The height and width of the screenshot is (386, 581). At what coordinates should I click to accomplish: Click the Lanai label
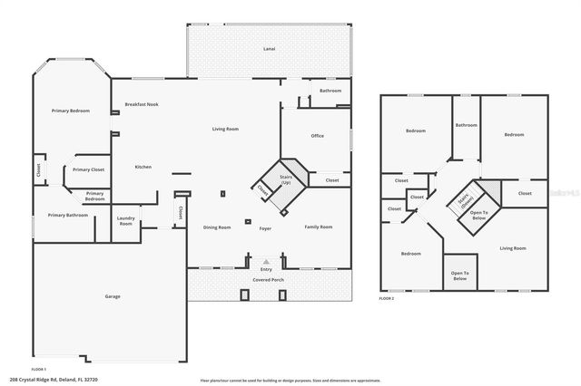tap(269, 48)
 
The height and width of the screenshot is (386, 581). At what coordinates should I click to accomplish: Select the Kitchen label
tap(143, 167)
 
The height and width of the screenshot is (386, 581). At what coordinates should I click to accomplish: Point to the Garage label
tap(113, 296)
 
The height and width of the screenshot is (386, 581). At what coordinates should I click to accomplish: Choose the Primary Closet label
tap(89, 169)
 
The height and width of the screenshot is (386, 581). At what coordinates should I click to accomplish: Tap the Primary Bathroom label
tap(68, 215)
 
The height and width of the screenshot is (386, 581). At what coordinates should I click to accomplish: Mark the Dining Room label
tap(216, 227)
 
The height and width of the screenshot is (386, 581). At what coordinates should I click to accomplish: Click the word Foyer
tap(265, 228)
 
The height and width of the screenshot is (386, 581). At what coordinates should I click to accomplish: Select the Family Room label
tap(318, 227)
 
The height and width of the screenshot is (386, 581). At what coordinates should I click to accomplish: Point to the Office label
tap(318, 136)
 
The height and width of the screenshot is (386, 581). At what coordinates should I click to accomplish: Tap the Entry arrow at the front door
tap(266, 260)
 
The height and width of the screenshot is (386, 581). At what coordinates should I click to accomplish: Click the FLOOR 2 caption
tap(387, 298)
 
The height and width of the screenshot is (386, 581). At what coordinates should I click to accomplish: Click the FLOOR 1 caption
tap(38, 370)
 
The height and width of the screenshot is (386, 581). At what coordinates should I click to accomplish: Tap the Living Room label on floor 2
tap(513, 247)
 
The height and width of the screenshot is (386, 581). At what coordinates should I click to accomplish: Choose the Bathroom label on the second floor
tap(467, 125)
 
